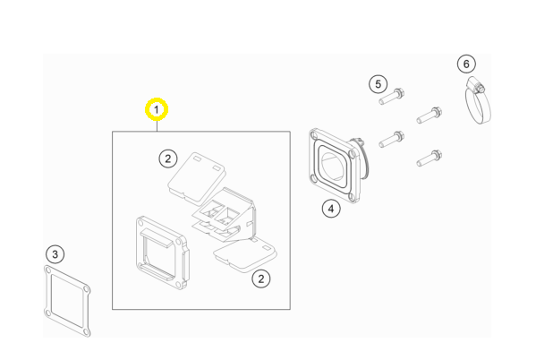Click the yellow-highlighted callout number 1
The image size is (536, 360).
[157, 109]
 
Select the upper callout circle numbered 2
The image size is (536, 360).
[168, 159]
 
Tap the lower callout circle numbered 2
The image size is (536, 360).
[261, 279]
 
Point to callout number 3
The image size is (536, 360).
[55, 254]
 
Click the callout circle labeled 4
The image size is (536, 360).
[331, 209]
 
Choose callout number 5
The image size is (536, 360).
[379, 84]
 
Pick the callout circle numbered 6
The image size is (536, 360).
[466, 64]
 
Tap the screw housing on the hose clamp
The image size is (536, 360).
[475, 84]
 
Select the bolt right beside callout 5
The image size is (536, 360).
[392, 97]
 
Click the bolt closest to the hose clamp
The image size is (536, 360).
[430, 116]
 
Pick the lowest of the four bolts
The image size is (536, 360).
[430, 159]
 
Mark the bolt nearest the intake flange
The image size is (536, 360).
[392, 140]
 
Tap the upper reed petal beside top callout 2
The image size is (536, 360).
[197, 178]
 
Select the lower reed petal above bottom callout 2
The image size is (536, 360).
[245, 255]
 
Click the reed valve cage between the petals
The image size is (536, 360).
[225, 214]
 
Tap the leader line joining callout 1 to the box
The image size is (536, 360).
[157, 126]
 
